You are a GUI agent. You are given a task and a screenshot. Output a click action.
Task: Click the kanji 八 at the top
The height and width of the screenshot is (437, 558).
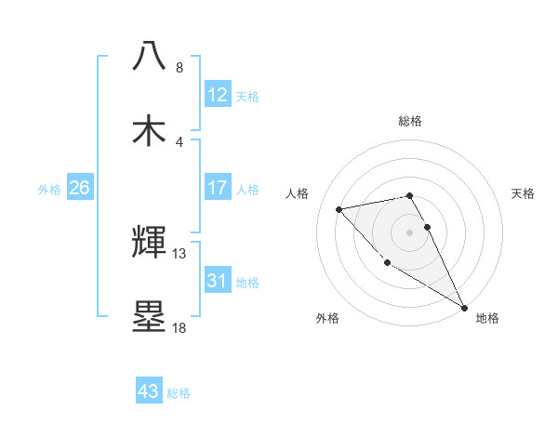150,56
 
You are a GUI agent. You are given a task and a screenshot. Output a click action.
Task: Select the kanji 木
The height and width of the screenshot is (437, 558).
150,130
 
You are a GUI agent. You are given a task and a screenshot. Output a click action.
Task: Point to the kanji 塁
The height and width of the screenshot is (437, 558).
150,317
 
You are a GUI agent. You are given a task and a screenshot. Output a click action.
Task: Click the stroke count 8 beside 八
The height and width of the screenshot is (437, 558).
179,68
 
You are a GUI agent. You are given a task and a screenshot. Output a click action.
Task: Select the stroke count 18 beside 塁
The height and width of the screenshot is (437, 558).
179,327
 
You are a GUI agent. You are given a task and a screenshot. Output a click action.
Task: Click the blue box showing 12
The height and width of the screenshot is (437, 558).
218,95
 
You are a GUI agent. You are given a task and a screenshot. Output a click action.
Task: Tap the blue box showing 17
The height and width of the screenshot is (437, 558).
218,188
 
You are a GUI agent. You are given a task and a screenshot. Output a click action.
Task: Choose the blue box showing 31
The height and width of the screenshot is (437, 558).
218,281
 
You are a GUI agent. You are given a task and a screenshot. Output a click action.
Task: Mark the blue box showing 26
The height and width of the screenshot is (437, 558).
79,188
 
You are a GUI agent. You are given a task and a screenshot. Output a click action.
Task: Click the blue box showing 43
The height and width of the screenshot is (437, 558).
149,391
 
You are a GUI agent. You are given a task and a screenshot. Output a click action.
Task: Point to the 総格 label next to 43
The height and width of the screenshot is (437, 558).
179,393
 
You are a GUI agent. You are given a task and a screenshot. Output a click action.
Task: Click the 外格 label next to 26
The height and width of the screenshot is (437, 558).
49,190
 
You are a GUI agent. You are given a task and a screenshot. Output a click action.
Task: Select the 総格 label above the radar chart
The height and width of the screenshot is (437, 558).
410,122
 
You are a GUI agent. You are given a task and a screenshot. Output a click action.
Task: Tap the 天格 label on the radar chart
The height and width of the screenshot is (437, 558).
524,193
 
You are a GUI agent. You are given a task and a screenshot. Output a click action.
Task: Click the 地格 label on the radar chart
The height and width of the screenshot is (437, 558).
487,319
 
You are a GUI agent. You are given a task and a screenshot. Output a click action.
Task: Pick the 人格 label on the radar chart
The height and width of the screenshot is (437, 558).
298,193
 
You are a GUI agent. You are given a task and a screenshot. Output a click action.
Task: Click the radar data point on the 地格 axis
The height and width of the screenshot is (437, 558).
464,308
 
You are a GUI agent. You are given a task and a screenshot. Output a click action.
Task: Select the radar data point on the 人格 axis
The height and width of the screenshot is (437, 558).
339,209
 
